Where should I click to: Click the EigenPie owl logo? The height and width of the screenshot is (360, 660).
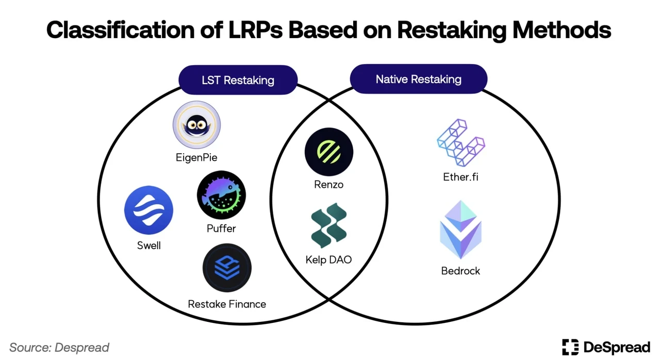(x=196, y=125)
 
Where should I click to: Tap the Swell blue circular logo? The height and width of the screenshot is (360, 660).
(x=148, y=210)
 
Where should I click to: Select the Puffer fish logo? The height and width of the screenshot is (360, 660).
(x=221, y=195)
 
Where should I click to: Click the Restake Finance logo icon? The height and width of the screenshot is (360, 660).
(x=227, y=268)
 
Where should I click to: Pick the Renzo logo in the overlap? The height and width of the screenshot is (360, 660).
(x=329, y=152)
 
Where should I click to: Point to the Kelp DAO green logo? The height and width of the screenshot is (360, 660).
(x=329, y=226)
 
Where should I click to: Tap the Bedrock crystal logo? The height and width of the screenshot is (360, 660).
(x=460, y=230)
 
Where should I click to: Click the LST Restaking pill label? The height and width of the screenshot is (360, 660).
(x=238, y=80)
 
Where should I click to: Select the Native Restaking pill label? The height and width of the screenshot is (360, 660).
(x=418, y=79)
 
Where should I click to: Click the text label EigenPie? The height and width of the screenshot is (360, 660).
(x=196, y=157)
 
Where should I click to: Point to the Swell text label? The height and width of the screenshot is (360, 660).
(x=148, y=246)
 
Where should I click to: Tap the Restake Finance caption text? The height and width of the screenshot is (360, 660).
(x=227, y=304)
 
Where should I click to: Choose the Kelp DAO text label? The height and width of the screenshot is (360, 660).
(x=328, y=259)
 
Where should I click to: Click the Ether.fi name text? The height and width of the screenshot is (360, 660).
(x=460, y=177)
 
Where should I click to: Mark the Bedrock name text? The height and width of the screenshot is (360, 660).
(x=460, y=271)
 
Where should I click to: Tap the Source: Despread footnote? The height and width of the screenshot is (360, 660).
(x=59, y=347)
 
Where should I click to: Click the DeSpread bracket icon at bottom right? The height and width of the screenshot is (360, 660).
(x=570, y=347)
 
